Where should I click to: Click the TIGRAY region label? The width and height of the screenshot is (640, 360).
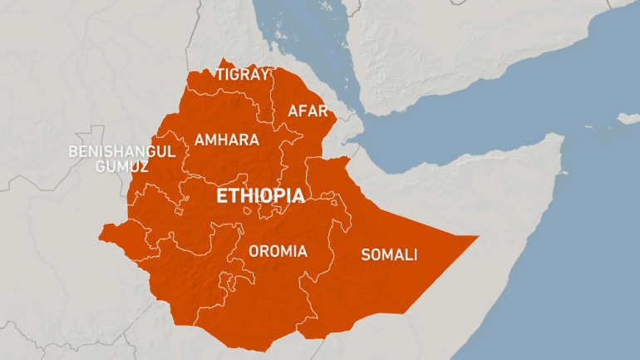(x=243, y=74)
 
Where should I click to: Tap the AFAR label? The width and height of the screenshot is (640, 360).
(x=308, y=111)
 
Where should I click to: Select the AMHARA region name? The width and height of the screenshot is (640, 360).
(x=227, y=140)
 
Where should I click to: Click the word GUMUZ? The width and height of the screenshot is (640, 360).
(x=121, y=166)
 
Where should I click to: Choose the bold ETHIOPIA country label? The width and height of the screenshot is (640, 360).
(x=259, y=196)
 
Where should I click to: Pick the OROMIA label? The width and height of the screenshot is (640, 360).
(x=278, y=250)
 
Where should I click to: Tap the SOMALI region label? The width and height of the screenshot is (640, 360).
(x=389, y=254)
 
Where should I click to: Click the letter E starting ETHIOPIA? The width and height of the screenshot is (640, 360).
(x=221, y=196)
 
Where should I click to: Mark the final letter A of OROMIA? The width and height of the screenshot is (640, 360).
(x=302, y=250)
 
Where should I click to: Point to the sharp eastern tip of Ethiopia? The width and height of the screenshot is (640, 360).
(x=478, y=237)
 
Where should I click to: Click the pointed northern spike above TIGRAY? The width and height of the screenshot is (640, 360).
(x=222, y=60)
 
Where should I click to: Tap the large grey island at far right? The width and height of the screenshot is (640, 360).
(x=629, y=118)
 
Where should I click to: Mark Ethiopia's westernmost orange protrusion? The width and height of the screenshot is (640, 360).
(x=101, y=230)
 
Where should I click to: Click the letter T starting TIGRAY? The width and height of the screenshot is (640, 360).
(x=220, y=74)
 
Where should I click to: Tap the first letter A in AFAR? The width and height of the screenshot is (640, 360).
(x=293, y=111)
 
